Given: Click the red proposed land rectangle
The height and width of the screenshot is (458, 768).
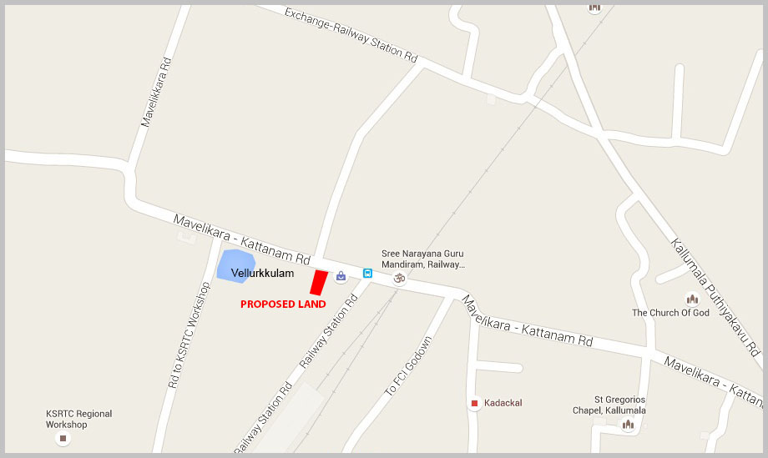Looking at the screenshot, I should point(318,282).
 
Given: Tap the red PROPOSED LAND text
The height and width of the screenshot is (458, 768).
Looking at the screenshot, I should point(283,304).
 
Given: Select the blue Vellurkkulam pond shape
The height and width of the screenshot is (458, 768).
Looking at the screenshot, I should point(234,264).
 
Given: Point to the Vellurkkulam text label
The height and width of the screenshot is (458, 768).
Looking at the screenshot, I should point(262,273).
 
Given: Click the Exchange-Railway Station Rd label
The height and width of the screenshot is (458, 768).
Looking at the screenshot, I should point(351,35).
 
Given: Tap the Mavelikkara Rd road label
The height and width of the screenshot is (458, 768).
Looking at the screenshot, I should point(155,92).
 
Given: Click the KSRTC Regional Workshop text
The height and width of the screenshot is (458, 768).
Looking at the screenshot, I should point(78,419).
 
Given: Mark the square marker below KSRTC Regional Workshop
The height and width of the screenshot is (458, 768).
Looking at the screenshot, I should point(62,438).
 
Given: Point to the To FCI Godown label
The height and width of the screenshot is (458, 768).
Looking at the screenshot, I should point(408,366).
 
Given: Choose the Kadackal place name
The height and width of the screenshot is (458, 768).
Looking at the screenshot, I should point(503,403).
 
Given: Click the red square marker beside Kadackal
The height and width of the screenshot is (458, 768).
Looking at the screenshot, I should point(475,404).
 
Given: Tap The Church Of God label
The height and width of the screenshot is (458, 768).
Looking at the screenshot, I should point(670,313).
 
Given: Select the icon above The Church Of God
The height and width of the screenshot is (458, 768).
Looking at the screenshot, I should point(691,299).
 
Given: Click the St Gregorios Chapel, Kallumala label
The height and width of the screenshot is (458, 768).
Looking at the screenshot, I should point(619,405).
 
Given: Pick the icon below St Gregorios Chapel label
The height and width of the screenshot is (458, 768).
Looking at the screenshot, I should point(628,425).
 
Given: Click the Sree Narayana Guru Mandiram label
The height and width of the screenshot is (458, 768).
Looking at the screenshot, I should point(422,259).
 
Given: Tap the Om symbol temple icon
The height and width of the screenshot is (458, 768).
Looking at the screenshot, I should point(398,277).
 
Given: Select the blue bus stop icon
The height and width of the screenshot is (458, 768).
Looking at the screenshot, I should point(367,273).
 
